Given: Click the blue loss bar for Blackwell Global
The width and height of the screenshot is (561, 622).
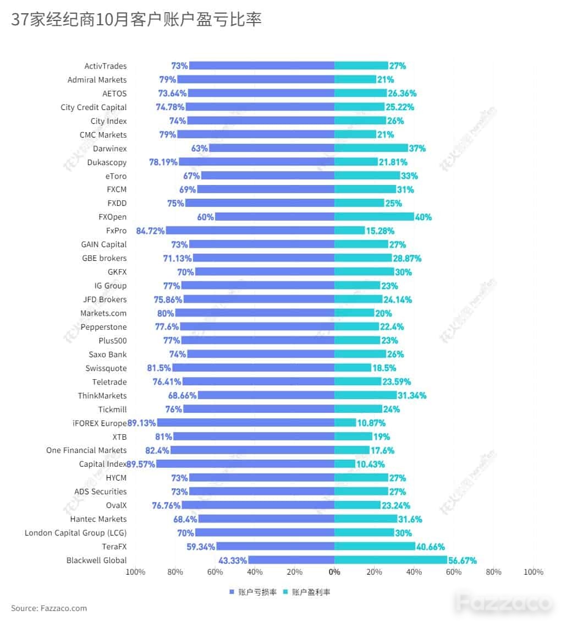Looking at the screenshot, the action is pos(291,560).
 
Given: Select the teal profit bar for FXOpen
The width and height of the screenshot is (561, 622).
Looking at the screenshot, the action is pos(374,216).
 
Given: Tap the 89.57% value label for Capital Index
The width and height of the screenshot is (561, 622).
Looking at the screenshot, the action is pos(141,464).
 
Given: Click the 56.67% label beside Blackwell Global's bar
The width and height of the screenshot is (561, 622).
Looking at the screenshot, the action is pos(463,560).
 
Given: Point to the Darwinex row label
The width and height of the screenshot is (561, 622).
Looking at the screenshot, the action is pos(110,149).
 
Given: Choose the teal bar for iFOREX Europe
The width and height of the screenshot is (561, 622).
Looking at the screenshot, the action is pos(345,423).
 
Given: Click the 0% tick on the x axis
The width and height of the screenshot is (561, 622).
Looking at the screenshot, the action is pos(334,572).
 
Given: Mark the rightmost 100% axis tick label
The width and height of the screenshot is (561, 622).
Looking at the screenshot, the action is pos(533,572).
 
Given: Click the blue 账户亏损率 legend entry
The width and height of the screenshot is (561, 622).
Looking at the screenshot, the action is pos(253,592).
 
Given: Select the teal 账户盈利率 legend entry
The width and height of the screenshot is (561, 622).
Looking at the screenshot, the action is pos(307,592).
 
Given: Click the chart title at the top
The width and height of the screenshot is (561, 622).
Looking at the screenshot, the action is pos(136,19).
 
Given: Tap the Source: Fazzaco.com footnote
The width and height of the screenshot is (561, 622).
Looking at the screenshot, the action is pos(49,608).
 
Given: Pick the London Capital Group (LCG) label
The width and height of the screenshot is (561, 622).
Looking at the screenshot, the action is pos(76,533).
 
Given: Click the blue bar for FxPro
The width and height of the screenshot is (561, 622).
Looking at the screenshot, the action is pos(250,231).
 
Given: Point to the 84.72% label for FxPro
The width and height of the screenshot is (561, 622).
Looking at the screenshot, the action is pos(150,231).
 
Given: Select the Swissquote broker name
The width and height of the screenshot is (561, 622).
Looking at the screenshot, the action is pos(106,368).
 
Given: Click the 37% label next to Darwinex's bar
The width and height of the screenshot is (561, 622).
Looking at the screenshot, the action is pos(417,149).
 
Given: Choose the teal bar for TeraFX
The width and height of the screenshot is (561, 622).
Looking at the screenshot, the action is pos(375,546).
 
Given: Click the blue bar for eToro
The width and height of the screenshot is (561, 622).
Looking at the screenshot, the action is pos(268,176).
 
